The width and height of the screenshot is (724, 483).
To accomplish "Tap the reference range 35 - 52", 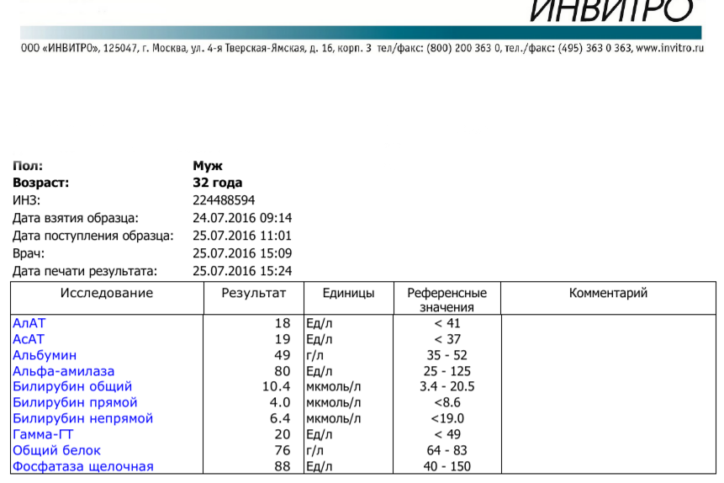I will pyautogui.click(x=447, y=355).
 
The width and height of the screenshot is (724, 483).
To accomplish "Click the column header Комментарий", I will pyautogui.click(x=608, y=294).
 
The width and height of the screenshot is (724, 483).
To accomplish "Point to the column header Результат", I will pyautogui.click(x=254, y=294).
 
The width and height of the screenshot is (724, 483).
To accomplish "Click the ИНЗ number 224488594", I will pyautogui.click(x=224, y=200).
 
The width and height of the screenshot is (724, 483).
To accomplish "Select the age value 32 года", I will pyautogui.click(x=217, y=183).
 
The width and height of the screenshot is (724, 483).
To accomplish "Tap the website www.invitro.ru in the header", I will pyautogui.click(x=669, y=49).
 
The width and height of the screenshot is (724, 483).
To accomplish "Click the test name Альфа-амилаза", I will pyautogui.click(x=64, y=371).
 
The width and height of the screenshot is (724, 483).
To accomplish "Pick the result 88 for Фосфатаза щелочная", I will pyautogui.click(x=282, y=466).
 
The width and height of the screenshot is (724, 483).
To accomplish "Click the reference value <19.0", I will pyautogui.click(x=447, y=419).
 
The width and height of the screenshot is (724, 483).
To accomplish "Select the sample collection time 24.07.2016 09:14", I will pyautogui.click(x=242, y=218).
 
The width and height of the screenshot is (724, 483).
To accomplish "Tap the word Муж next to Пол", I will pyautogui.click(x=207, y=167).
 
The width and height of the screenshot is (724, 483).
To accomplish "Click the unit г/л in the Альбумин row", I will pyautogui.click(x=315, y=355).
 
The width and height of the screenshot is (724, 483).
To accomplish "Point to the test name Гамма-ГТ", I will pyautogui.click(x=45, y=434).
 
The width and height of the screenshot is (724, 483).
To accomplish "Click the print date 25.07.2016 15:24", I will pyautogui.click(x=242, y=271).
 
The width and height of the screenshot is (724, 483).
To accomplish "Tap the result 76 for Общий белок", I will pyautogui.click(x=282, y=450).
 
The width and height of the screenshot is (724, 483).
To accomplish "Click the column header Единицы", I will pyautogui.click(x=348, y=294).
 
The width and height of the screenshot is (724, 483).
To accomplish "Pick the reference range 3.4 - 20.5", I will pyautogui.click(x=447, y=387).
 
